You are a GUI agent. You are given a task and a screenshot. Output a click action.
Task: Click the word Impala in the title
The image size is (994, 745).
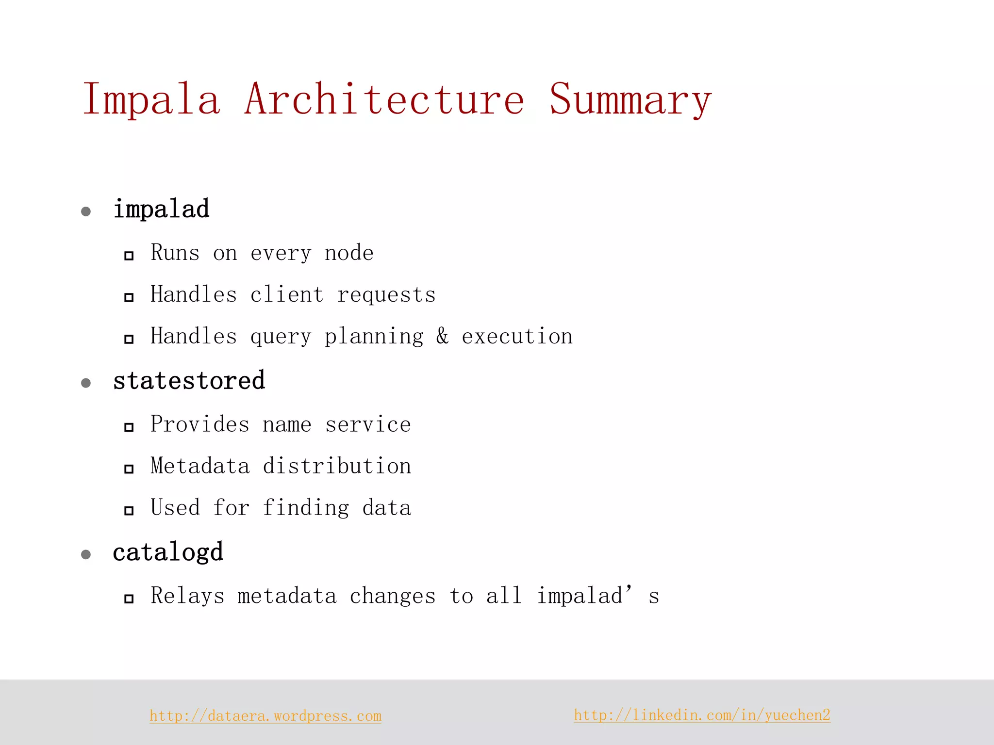(151, 100)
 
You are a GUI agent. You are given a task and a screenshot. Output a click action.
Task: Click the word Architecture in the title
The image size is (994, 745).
(384, 99)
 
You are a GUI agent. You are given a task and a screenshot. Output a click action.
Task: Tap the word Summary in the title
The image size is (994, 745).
(630, 100)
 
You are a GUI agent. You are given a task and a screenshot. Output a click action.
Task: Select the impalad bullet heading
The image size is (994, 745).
(161, 210)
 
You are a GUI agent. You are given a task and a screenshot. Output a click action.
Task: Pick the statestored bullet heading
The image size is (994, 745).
(189, 381)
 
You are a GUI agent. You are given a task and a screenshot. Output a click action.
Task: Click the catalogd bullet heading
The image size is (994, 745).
(168, 552)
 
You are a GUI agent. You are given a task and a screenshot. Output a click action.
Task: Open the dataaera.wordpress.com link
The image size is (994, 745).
(265, 716)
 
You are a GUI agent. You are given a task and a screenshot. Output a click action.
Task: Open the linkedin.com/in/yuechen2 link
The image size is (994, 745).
(702, 715)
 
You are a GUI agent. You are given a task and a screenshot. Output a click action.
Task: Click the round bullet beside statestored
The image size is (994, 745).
(86, 383)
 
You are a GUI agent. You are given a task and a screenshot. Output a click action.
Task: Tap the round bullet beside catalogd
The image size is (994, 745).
(86, 554)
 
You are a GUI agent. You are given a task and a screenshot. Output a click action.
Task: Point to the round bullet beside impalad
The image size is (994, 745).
(86, 211)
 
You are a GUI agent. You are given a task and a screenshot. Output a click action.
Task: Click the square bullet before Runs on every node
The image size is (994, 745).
(129, 256)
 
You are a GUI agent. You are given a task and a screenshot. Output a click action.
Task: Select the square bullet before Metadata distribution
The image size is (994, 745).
(129, 469)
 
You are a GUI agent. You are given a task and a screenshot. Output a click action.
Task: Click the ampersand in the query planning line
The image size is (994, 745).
(442, 336)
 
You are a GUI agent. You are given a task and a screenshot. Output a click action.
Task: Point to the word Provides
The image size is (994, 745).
(200, 424)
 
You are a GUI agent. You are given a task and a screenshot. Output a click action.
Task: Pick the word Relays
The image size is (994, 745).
(188, 596)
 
